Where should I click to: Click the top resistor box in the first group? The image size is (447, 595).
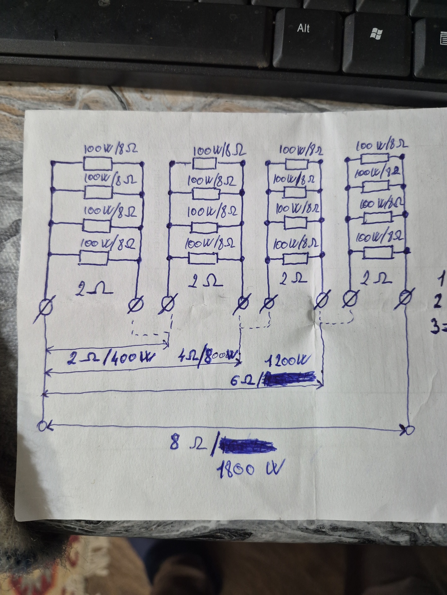[97, 163]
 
